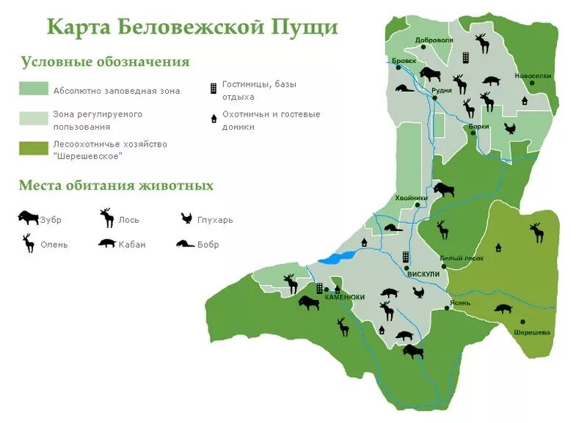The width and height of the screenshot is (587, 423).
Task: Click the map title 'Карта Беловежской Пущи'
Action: tap(192, 26)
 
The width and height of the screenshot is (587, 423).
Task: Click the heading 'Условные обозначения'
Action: tap(105, 62)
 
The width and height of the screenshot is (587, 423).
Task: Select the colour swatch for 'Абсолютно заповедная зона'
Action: tap(34, 89)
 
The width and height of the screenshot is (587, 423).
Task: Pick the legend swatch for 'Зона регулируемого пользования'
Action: tap(34, 119)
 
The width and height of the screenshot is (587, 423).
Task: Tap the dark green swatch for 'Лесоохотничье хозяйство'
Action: tap(34, 149)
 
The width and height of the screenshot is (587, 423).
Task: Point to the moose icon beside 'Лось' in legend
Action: tap(106, 217)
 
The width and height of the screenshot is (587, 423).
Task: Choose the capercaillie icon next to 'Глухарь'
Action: tap(187, 218)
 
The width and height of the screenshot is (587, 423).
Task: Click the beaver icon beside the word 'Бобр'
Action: tap(185, 243)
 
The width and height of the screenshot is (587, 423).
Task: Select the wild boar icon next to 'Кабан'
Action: tap(106, 243)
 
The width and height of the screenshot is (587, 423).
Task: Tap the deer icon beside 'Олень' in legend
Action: tap(29, 243)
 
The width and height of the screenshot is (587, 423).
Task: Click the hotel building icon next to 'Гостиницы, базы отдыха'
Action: tap(213, 88)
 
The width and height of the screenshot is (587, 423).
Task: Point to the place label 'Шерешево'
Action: tap(532, 331)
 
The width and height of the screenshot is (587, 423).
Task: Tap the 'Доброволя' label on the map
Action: tap(434, 40)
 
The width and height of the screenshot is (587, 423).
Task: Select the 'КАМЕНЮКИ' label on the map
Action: tap(341, 297)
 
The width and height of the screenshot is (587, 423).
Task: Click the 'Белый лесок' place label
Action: tap(462, 258)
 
